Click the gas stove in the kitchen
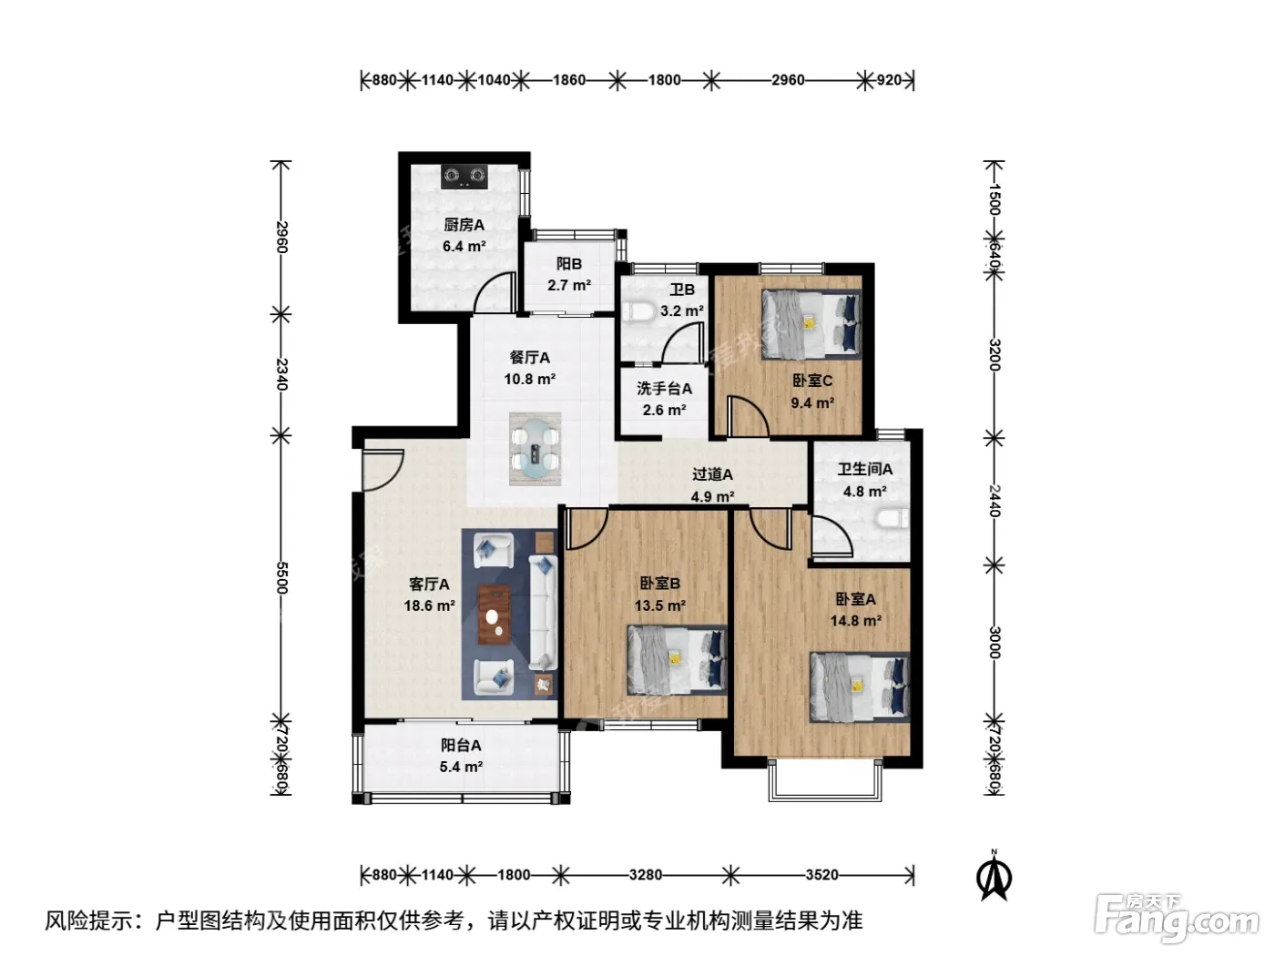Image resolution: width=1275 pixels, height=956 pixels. coord(464,177)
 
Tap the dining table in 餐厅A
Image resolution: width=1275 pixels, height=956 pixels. coord(535,448)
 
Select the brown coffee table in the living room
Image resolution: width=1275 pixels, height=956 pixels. coord(495,615)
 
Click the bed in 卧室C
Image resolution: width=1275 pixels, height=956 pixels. coord(811,324)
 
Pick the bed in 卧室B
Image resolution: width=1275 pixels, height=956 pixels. coord(677,659)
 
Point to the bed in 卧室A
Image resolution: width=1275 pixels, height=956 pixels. coord(860,686)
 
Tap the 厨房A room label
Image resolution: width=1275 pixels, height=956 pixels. coord(464,225)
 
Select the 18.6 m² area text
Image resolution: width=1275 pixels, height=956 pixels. coord(429,605)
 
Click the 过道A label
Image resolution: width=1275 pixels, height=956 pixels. coord(712,474)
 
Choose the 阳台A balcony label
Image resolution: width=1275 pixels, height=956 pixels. coord(461,745)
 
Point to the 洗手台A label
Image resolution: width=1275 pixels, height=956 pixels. coord(664,389)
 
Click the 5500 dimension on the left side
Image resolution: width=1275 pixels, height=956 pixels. coord(281,577)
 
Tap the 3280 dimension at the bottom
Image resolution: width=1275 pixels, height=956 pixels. coord(646,874)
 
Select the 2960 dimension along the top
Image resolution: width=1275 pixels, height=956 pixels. coord(788,79)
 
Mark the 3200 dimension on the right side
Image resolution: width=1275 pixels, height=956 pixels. coord(994,355)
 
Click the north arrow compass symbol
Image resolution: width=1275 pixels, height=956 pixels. coord(995,879)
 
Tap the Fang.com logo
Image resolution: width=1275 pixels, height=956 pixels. coord(1177,918)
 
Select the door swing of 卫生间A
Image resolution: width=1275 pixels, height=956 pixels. coord(831,536)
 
